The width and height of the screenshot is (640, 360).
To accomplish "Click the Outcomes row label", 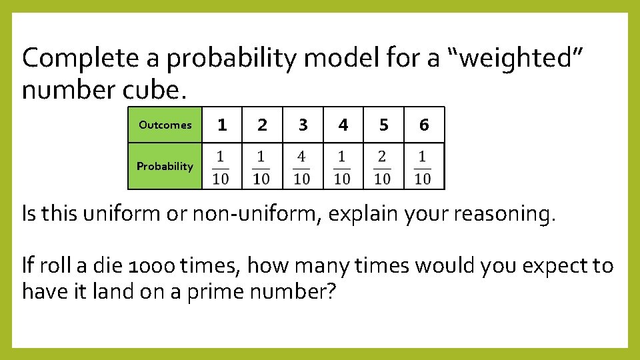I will point(165,125).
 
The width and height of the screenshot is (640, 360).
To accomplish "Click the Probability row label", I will point(165,166).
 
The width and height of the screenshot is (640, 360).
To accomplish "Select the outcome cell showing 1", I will point(222,125).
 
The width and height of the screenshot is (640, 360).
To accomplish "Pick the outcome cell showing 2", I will point(262,125).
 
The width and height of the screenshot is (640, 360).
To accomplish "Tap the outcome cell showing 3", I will point(303,125).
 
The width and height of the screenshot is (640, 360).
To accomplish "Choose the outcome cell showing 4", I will point(343,125).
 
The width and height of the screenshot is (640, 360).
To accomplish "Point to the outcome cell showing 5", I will point(383,125).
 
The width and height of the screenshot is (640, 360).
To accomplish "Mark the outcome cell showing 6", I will point(424,125).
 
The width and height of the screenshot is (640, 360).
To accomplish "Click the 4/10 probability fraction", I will point(302,167).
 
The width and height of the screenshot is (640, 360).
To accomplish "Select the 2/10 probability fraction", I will point(383,167).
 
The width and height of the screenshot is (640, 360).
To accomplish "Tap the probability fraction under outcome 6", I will point(423,167).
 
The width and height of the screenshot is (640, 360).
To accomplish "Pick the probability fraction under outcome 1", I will point(221,167).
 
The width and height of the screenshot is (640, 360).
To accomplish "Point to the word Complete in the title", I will point(81,59).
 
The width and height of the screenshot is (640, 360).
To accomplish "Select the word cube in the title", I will point(157,89).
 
